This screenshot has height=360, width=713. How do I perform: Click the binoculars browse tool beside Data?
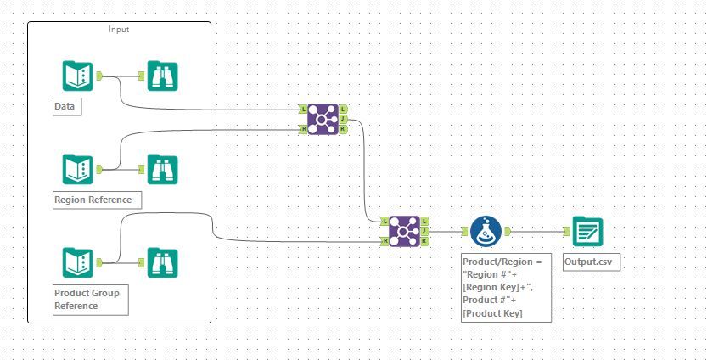(161, 76)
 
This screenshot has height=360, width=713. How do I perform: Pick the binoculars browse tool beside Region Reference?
(161, 168)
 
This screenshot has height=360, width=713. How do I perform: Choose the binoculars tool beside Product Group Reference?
(161, 262)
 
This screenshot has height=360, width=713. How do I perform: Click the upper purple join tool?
(323, 119)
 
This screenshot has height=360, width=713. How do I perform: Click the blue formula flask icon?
(485, 231)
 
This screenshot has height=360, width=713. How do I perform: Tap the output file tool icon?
(587, 231)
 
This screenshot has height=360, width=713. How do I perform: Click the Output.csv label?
(591, 262)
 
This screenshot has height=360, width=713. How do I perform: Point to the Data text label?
(65, 108)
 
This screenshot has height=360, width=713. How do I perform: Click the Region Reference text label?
(93, 200)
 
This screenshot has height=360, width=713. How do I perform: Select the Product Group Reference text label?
(87, 300)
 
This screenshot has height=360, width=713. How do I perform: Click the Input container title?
(119, 30)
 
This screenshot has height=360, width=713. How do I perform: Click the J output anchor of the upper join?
(343, 119)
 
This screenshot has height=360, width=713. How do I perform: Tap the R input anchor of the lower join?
(385, 241)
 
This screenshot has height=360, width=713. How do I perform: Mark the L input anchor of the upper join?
(303, 109)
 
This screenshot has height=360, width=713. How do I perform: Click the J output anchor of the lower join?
(424, 231)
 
